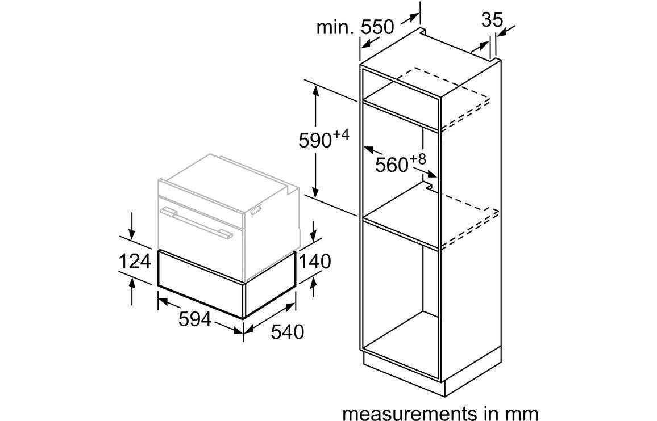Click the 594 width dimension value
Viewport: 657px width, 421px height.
(x=195, y=320)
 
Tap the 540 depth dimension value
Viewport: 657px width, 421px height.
(x=288, y=332)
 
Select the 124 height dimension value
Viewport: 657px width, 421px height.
(x=135, y=262)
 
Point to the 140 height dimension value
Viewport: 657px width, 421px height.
(x=315, y=262)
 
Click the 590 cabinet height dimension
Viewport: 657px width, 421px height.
(x=315, y=141)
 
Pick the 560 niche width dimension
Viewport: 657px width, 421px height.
(x=392, y=165)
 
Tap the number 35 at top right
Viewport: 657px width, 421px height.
(x=492, y=20)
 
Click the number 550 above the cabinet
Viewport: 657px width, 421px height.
(x=377, y=27)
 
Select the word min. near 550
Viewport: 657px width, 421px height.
(x=336, y=28)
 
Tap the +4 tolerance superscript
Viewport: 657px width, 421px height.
(x=341, y=135)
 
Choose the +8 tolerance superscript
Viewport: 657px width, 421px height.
(x=418, y=159)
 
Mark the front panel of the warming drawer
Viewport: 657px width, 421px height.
(x=200, y=284)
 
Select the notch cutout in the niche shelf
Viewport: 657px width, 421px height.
(x=428, y=184)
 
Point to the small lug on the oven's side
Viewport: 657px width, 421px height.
(x=256, y=210)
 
